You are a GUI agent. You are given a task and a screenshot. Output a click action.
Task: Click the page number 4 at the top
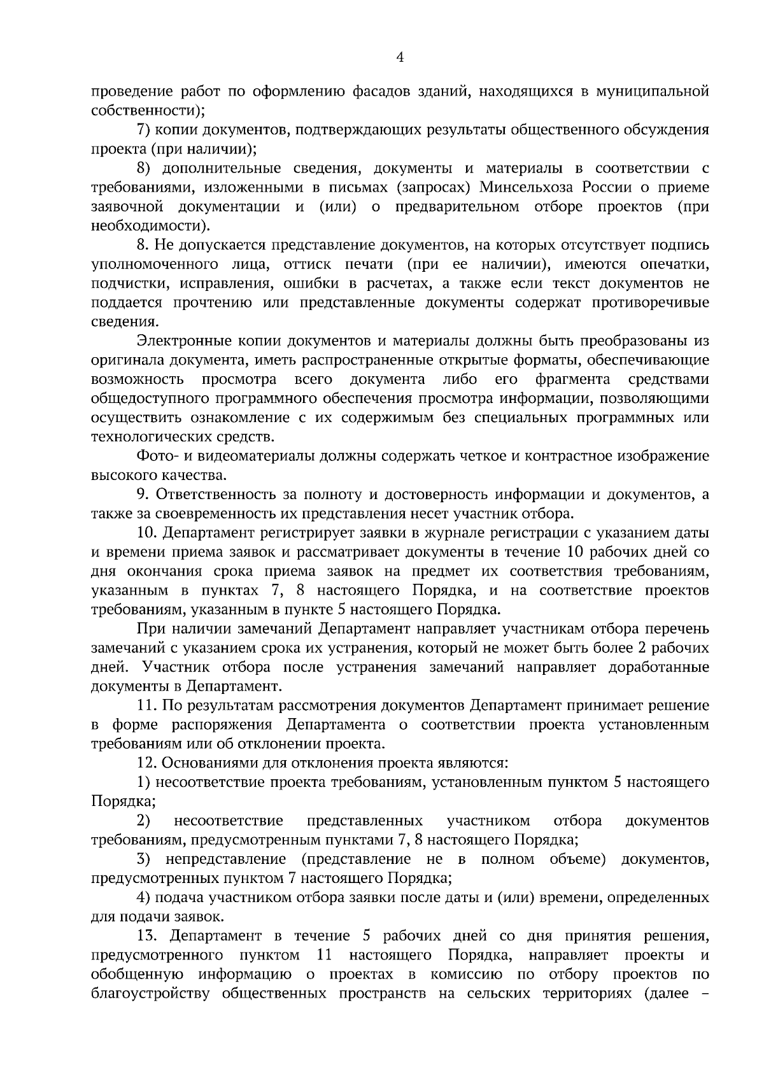[x=400, y=57]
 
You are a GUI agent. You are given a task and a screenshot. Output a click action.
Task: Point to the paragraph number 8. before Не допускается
[x=143, y=245]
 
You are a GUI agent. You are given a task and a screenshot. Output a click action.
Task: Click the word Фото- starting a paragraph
[x=155, y=456]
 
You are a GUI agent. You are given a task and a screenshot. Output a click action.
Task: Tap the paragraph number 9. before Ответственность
[x=143, y=495]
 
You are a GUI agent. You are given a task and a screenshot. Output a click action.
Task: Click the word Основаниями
[x=209, y=763]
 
